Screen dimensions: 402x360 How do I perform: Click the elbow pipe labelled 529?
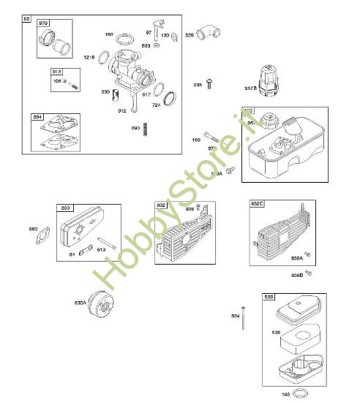(210, 31)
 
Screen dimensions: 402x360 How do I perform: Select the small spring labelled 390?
(146, 129)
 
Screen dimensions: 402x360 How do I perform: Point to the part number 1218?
(89, 57)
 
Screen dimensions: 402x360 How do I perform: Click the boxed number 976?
(43, 23)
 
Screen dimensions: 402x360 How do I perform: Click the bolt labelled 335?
(209, 84)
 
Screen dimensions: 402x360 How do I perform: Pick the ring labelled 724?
(169, 96)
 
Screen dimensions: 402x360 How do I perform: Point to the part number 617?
(146, 94)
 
